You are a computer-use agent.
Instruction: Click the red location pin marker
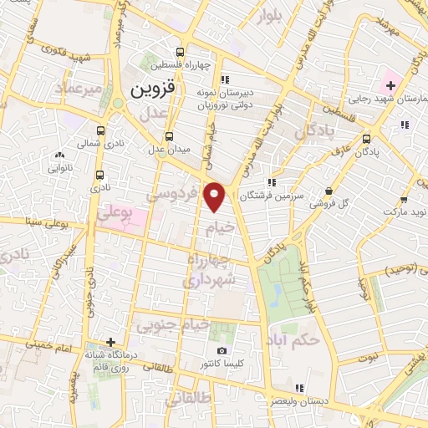click(x=216, y=196)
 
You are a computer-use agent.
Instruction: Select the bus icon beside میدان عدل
click(x=170, y=136)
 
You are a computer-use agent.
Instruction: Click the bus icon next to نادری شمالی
click(x=101, y=130)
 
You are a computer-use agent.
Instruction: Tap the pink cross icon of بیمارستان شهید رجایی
click(x=390, y=85)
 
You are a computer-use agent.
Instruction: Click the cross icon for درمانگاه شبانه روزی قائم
click(x=110, y=342)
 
